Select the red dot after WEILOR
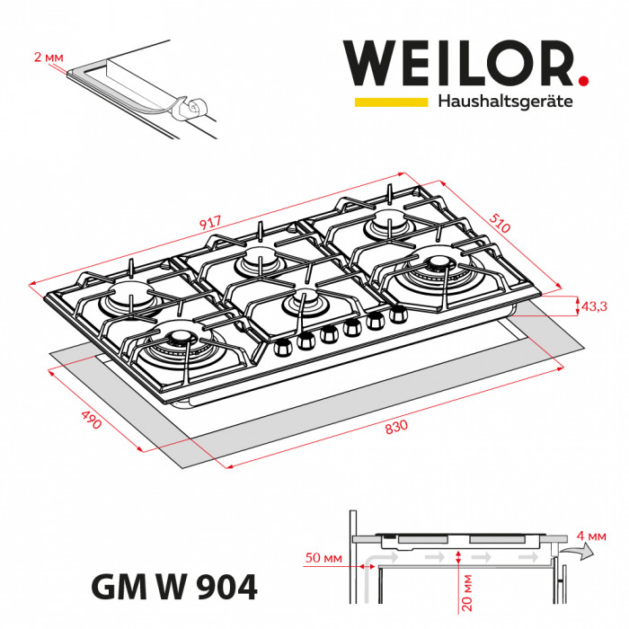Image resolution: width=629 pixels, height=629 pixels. coord(583,82)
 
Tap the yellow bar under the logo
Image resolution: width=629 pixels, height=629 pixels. coord(390,102)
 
